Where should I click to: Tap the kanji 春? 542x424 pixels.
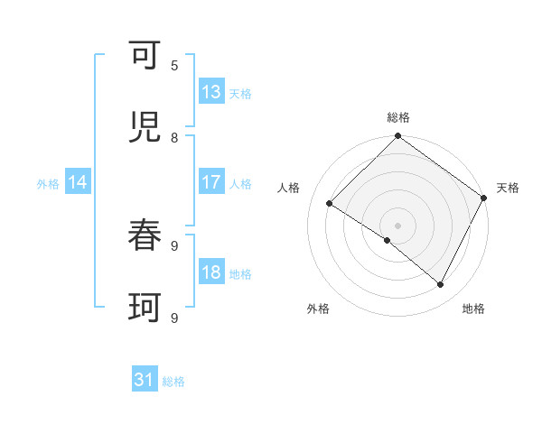145,236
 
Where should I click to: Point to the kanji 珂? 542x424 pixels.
145,309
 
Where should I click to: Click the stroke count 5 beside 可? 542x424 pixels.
174,65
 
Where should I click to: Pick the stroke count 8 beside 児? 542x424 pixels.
174,137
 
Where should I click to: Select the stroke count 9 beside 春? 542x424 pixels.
174,244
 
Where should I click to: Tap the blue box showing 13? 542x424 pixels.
211,92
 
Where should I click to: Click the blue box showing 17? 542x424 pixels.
211,182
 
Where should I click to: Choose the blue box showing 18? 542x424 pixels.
211,273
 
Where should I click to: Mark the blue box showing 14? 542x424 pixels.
78,182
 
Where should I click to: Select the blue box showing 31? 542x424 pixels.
145,381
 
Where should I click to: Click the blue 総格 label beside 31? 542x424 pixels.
173,382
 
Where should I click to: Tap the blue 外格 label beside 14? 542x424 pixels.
48,183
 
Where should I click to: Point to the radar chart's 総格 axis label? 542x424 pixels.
398,117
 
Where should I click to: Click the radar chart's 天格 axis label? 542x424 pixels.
508,188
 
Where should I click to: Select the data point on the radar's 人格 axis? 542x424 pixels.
330,204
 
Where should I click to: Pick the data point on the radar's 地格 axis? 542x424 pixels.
441,285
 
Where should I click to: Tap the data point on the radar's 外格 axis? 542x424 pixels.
387,241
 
